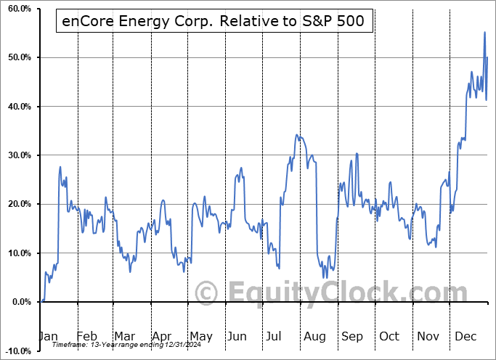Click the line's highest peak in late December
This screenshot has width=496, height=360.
[484, 33]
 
